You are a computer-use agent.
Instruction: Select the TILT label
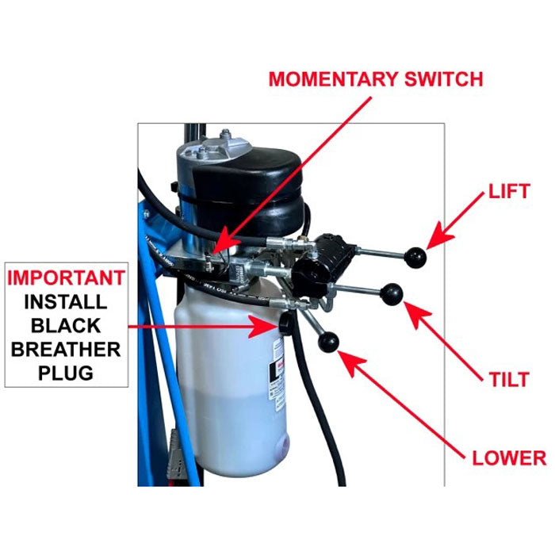[509, 379]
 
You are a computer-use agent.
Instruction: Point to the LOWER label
[509, 457]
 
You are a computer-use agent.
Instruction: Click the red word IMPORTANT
[67, 278]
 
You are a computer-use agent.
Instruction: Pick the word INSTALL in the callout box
[67, 302]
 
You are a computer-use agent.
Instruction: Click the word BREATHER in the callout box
[67, 350]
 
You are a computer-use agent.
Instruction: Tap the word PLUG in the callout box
[67, 373]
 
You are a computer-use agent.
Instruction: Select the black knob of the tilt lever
[392, 293]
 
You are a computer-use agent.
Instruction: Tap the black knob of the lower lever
[328, 343]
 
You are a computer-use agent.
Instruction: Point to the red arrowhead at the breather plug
[260, 326]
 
